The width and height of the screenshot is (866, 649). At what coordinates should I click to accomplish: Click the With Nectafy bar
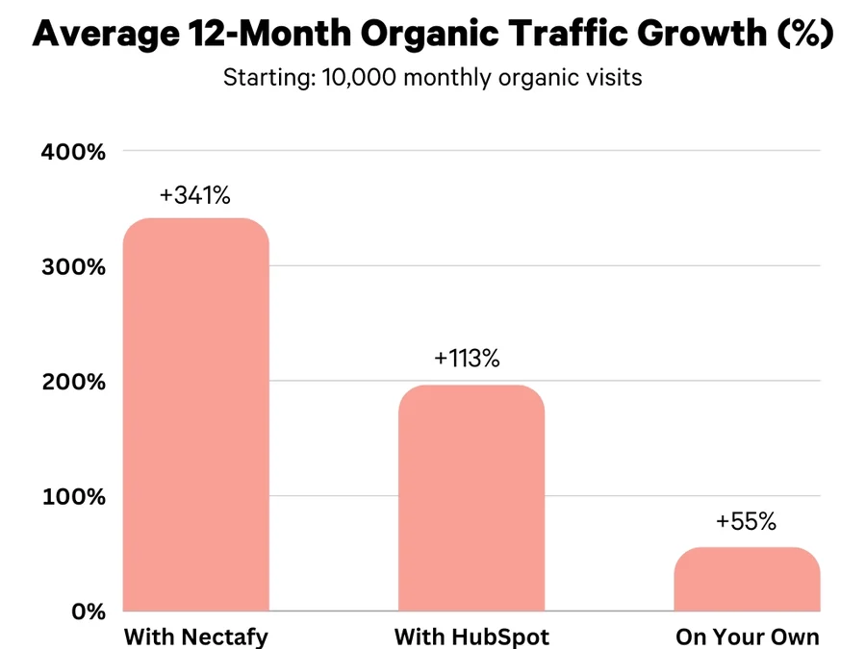tap(196, 414)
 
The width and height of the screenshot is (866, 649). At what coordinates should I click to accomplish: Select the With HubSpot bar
tap(471, 497)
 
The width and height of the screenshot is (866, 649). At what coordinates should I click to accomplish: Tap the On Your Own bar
tap(747, 579)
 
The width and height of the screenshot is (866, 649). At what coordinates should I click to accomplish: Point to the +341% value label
tap(195, 195)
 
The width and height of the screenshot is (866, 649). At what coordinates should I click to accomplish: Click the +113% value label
tap(467, 359)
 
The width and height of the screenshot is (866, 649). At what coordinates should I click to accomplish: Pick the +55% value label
tap(746, 522)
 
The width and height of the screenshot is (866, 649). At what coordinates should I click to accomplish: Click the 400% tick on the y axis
tap(73, 152)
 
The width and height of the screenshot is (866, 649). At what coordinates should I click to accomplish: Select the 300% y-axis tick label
tap(73, 266)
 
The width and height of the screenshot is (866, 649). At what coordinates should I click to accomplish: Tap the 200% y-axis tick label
tap(73, 382)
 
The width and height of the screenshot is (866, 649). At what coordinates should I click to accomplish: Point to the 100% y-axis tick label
tap(73, 497)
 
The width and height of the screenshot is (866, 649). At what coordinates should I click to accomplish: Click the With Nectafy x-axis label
tap(196, 637)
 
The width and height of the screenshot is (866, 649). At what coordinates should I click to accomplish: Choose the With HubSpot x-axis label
tap(471, 637)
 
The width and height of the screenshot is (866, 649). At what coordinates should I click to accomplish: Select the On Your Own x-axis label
tap(748, 637)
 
